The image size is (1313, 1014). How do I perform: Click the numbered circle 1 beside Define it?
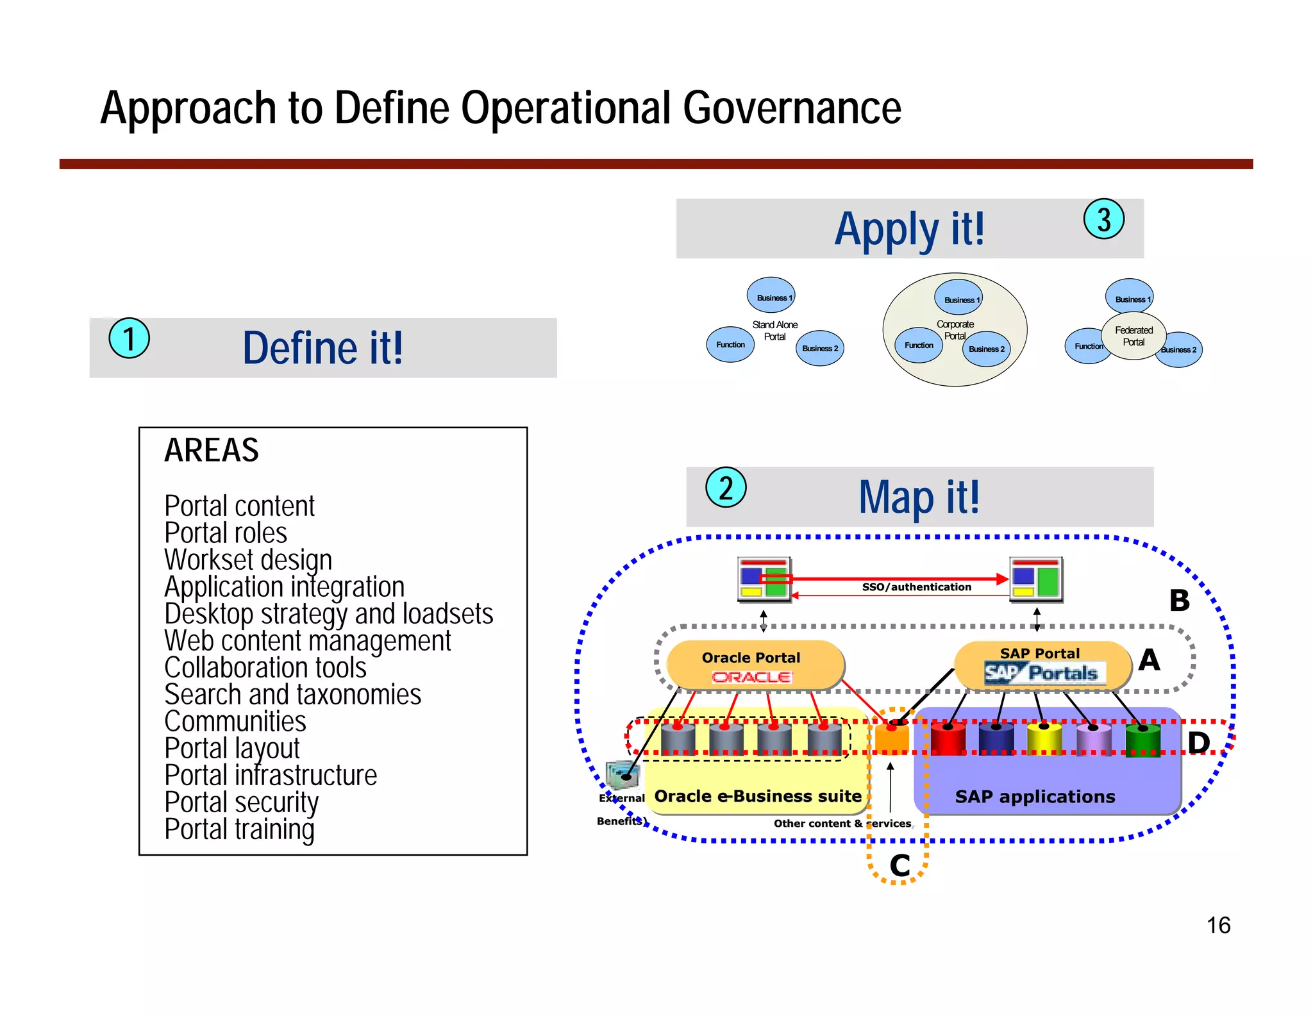click(129, 338)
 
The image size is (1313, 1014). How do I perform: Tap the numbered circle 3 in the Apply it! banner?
click(1103, 219)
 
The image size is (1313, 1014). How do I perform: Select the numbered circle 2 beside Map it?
click(726, 488)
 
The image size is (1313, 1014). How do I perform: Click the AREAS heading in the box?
click(212, 450)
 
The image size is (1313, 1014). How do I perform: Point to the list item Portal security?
click(241, 802)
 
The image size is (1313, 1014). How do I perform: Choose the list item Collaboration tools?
click(265, 668)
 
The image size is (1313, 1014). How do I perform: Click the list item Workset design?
click(248, 560)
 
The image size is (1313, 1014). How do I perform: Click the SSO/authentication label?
click(916, 587)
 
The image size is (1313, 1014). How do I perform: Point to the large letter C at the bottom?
click(899, 866)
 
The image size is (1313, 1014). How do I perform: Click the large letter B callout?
click(1179, 601)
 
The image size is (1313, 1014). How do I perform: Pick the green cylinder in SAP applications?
click(1142, 740)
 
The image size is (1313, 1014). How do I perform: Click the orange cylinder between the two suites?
click(892, 738)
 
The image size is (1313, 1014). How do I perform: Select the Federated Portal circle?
click(1133, 336)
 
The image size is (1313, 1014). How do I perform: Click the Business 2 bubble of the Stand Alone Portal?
click(820, 348)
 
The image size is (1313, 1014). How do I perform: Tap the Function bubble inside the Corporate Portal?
click(919, 345)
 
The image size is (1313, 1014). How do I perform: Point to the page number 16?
click(1218, 926)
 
